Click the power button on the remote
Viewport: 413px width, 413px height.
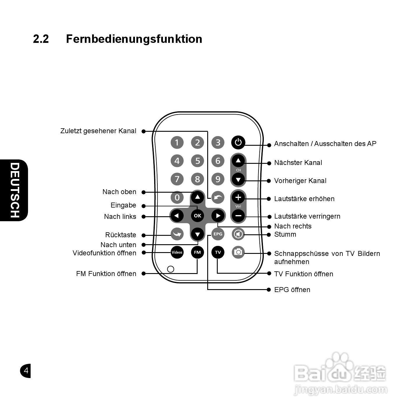238,143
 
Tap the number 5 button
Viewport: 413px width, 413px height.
198,161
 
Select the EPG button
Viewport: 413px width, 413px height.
218,234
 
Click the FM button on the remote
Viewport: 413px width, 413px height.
197,252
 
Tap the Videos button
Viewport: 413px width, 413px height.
177,252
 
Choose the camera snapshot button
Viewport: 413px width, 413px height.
238,252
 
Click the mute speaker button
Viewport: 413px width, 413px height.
238,234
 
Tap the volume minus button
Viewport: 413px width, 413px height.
238,216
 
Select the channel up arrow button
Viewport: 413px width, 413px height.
238,161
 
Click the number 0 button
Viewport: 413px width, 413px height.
177,198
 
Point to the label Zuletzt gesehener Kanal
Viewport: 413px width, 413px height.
98,131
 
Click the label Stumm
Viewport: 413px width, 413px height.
285,234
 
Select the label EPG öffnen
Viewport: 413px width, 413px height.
292,290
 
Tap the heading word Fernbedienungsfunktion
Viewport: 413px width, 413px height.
134,39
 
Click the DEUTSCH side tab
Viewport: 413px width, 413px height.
15,190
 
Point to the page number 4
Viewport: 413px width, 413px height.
26,371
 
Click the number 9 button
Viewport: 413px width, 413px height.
218,179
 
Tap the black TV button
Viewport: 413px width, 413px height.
218,252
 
